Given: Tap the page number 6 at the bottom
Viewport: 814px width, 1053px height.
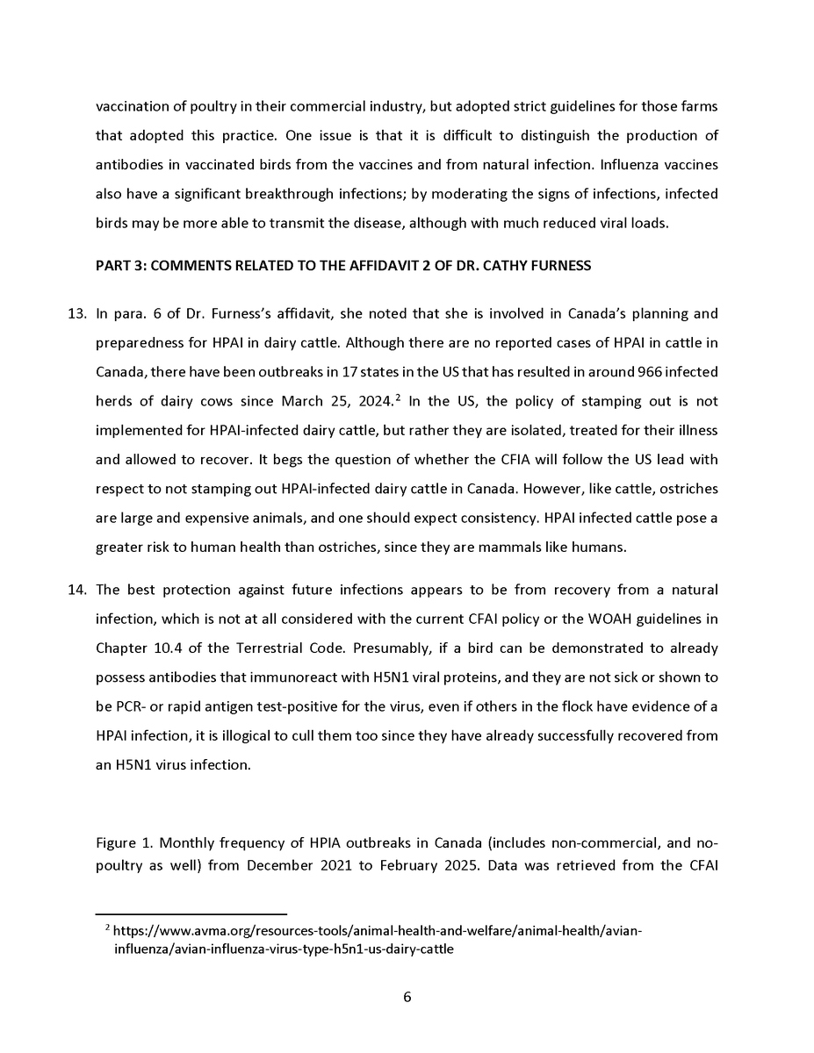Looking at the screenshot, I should (x=407, y=997).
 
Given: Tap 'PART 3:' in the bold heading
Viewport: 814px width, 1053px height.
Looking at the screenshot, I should (x=121, y=266).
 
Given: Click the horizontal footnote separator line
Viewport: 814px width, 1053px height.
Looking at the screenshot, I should (x=191, y=913).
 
